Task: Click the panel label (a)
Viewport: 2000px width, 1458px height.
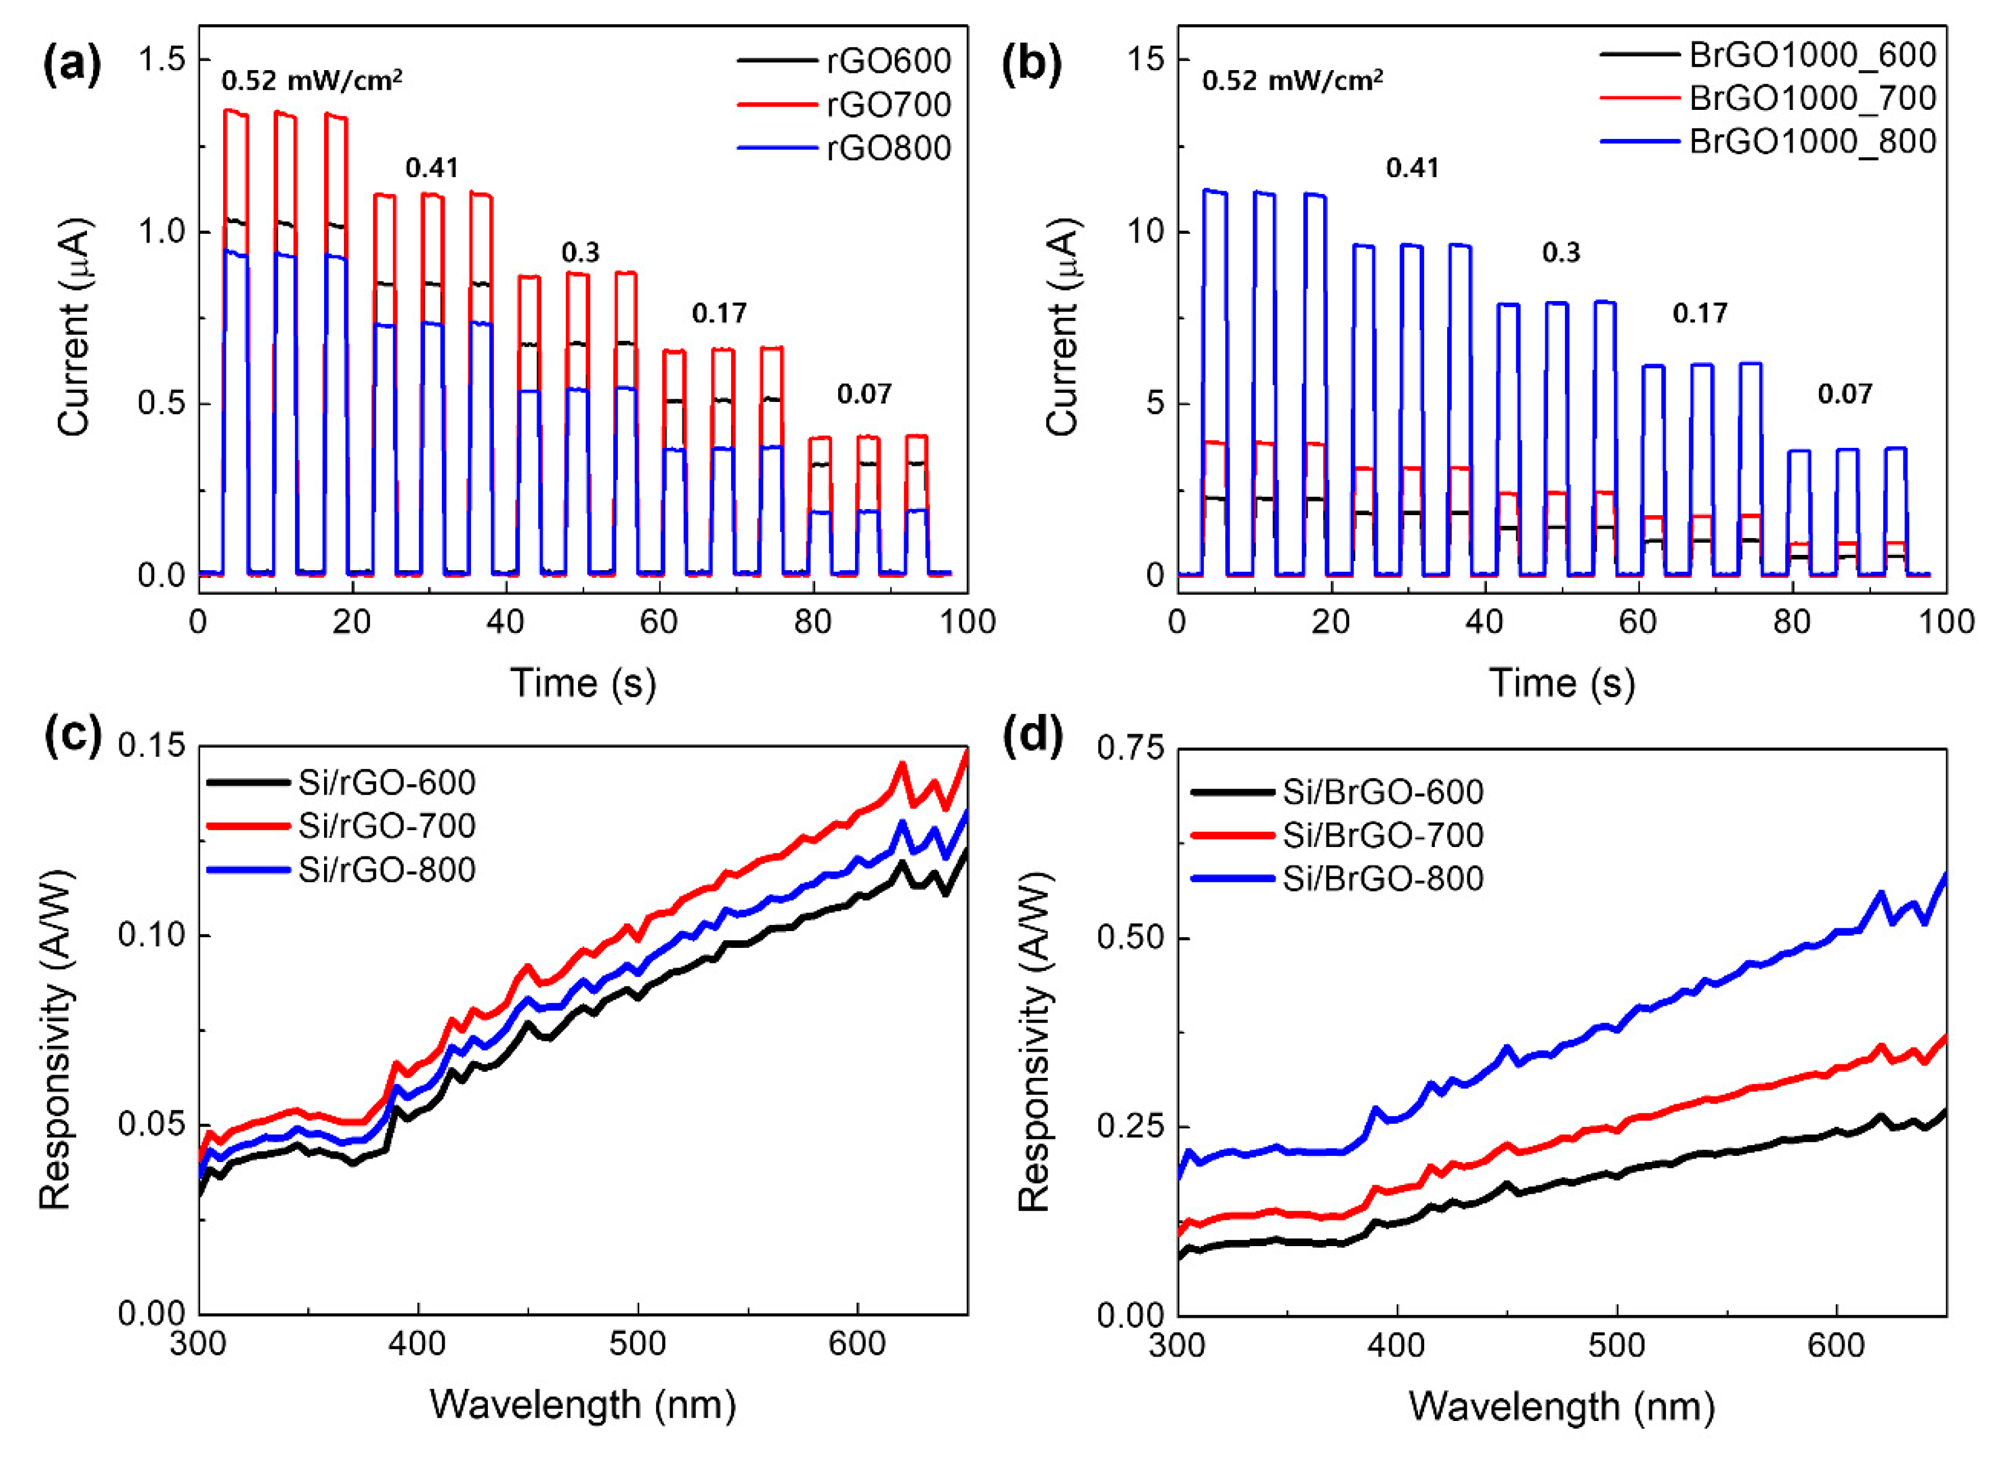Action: coord(72,66)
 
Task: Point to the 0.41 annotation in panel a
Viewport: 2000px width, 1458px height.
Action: coord(432,168)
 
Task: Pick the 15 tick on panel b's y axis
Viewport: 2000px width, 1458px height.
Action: coord(1146,60)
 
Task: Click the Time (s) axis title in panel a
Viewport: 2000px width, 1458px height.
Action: coord(583,683)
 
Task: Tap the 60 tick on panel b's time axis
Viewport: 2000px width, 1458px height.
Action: coord(1638,622)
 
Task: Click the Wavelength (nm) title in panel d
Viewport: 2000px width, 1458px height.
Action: coord(1562,1406)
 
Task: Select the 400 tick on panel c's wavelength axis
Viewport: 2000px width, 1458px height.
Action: coord(418,1344)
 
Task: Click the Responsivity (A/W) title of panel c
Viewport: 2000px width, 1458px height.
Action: coord(56,1038)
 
